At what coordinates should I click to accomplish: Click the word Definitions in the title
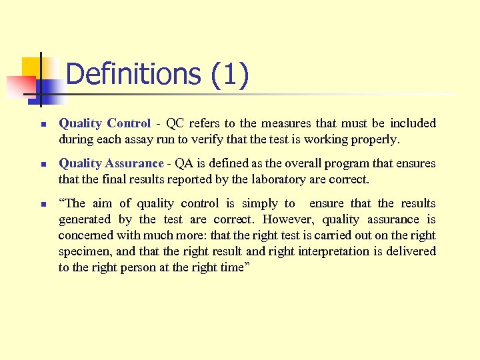133,74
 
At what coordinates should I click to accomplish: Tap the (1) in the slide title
229,74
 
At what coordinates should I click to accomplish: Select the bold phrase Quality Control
105,123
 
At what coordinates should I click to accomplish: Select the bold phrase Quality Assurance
111,163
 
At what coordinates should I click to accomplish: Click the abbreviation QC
175,123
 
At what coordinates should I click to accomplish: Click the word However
288,219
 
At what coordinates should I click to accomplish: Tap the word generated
85,219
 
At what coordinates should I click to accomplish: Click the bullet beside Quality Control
42,124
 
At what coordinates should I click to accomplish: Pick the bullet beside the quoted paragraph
42,204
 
